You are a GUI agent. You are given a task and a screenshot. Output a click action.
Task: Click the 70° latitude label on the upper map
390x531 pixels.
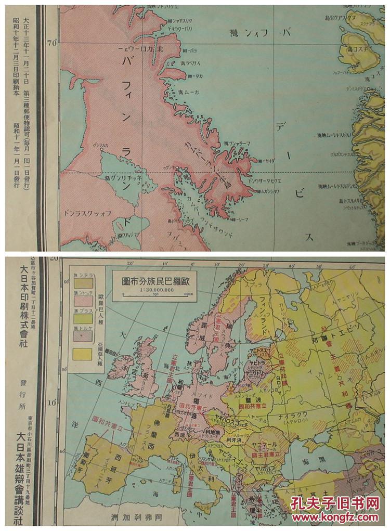[51, 44]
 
